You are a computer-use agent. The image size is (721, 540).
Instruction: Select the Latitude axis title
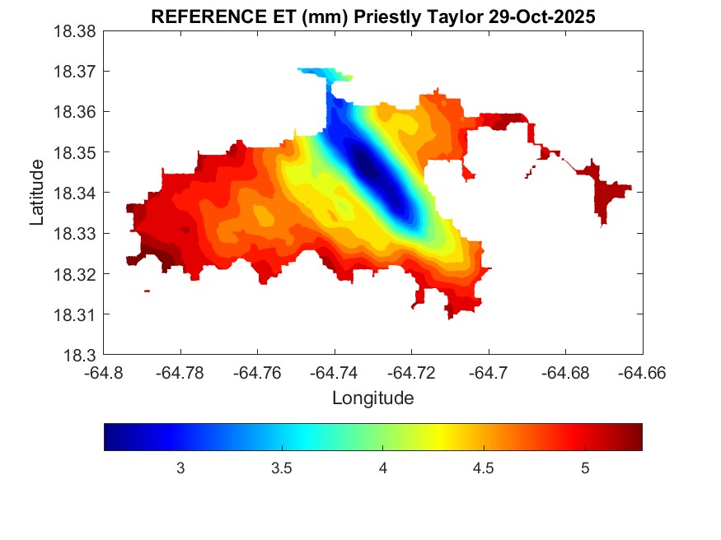[37, 193]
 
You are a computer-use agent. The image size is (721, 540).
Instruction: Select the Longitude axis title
[372, 398]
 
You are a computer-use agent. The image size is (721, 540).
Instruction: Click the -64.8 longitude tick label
[105, 372]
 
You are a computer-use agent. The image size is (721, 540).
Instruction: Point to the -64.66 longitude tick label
[643, 372]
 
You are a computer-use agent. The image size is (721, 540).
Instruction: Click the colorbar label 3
[180, 468]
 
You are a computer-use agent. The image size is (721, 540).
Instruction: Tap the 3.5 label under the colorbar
[282, 468]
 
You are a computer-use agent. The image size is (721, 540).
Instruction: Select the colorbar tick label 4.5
[483, 468]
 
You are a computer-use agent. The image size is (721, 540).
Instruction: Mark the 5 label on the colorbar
[584, 468]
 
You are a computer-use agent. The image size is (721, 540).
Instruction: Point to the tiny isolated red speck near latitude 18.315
[147, 291]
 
